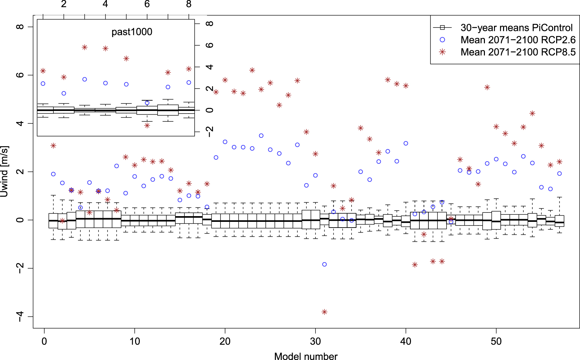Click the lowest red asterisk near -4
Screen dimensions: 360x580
pyautogui.click(x=324, y=312)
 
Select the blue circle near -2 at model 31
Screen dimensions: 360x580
pyautogui.click(x=324, y=265)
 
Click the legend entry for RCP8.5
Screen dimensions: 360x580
pyautogui.click(x=518, y=52)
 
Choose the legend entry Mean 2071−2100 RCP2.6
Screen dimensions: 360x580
pyautogui.click(x=518, y=40)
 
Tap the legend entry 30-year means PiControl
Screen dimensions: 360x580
pyautogui.click(x=516, y=28)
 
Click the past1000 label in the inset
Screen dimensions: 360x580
pyautogui.click(x=132, y=32)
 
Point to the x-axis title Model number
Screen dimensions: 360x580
pyautogui.click(x=306, y=356)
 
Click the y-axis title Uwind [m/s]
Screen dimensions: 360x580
pyautogui.click(x=5, y=171)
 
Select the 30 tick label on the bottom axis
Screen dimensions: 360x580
pyautogui.click(x=315, y=342)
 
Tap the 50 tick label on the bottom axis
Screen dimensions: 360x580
pyautogui.click(x=496, y=342)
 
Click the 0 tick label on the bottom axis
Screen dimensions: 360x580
pyautogui.click(x=44, y=342)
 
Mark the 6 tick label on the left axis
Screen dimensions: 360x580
pyautogui.click(x=20, y=75)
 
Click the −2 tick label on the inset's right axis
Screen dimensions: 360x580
pyautogui.click(x=209, y=132)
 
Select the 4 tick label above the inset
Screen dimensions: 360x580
pyautogui.click(x=106, y=4)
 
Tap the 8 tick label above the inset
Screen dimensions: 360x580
pyautogui.click(x=189, y=4)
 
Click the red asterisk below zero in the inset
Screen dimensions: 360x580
pyautogui.click(x=147, y=125)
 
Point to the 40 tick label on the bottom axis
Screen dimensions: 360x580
pyautogui.click(x=406, y=342)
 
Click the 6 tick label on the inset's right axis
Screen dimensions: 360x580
pyautogui.click(x=209, y=45)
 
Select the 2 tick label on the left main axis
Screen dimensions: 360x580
pyautogui.click(x=20, y=171)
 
